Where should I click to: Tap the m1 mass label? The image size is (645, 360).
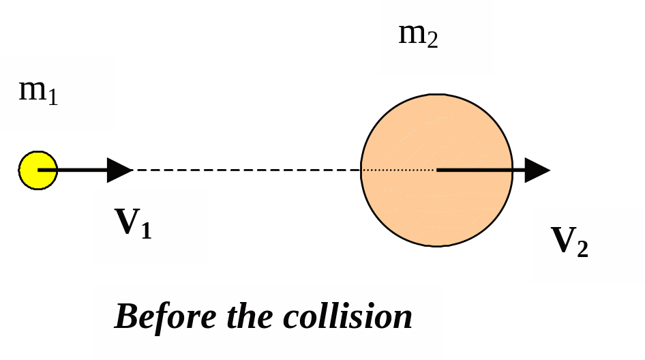[x=38, y=91]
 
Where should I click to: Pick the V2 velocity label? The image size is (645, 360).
[x=569, y=241]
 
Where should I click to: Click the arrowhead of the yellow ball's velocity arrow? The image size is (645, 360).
[x=120, y=170]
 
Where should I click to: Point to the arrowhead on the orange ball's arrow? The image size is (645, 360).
[x=537, y=170]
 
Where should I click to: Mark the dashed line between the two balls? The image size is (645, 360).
[x=245, y=170]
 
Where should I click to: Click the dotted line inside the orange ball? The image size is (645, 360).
[x=399, y=170]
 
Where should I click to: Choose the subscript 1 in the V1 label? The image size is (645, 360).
[x=146, y=231]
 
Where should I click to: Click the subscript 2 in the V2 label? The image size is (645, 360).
[x=582, y=250]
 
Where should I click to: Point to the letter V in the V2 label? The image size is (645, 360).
[x=562, y=239]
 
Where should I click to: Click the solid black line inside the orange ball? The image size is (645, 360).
[x=474, y=170]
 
